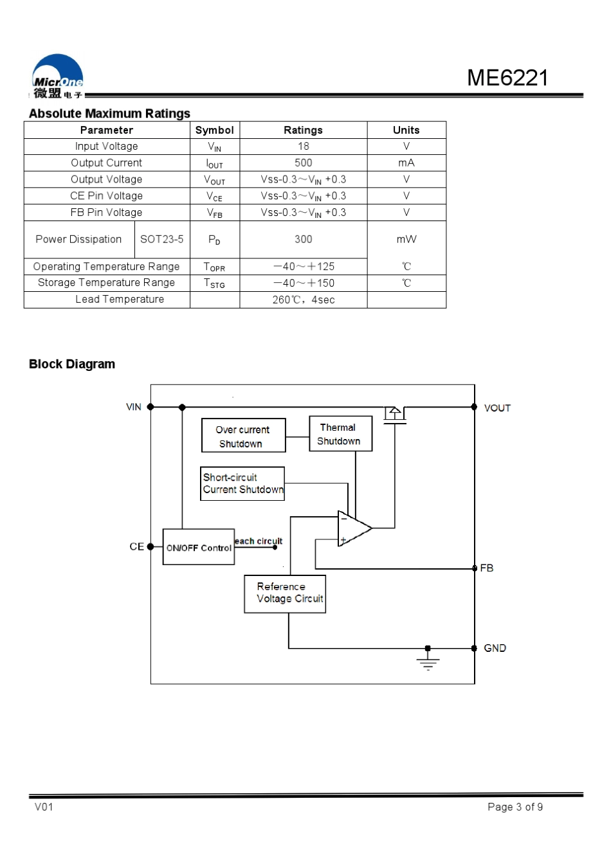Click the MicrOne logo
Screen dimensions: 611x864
click(57, 76)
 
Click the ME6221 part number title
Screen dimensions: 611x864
click(507, 78)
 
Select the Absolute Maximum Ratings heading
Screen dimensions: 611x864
click(109, 113)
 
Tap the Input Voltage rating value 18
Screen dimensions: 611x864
click(304, 146)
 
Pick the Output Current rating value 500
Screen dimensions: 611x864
click(304, 163)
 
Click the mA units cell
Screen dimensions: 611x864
click(406, 163)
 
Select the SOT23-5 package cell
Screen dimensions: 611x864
click(161, 239)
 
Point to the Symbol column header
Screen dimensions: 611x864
click(215, 130)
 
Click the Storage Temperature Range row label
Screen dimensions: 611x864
click(106, 282)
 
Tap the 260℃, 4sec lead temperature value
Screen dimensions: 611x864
click(304, 300)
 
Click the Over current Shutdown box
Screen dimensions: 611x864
click(244, 435)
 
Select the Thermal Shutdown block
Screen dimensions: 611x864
click(341, 433)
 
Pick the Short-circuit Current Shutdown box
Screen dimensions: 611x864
click(242, 483)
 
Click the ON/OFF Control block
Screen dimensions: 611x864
click(199, 546)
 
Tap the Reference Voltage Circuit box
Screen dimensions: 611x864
click(285, 594)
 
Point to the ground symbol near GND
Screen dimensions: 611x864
click(428, 661)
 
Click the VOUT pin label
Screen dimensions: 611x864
click(498, 408)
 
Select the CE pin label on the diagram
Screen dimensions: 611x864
click(136, 546)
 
